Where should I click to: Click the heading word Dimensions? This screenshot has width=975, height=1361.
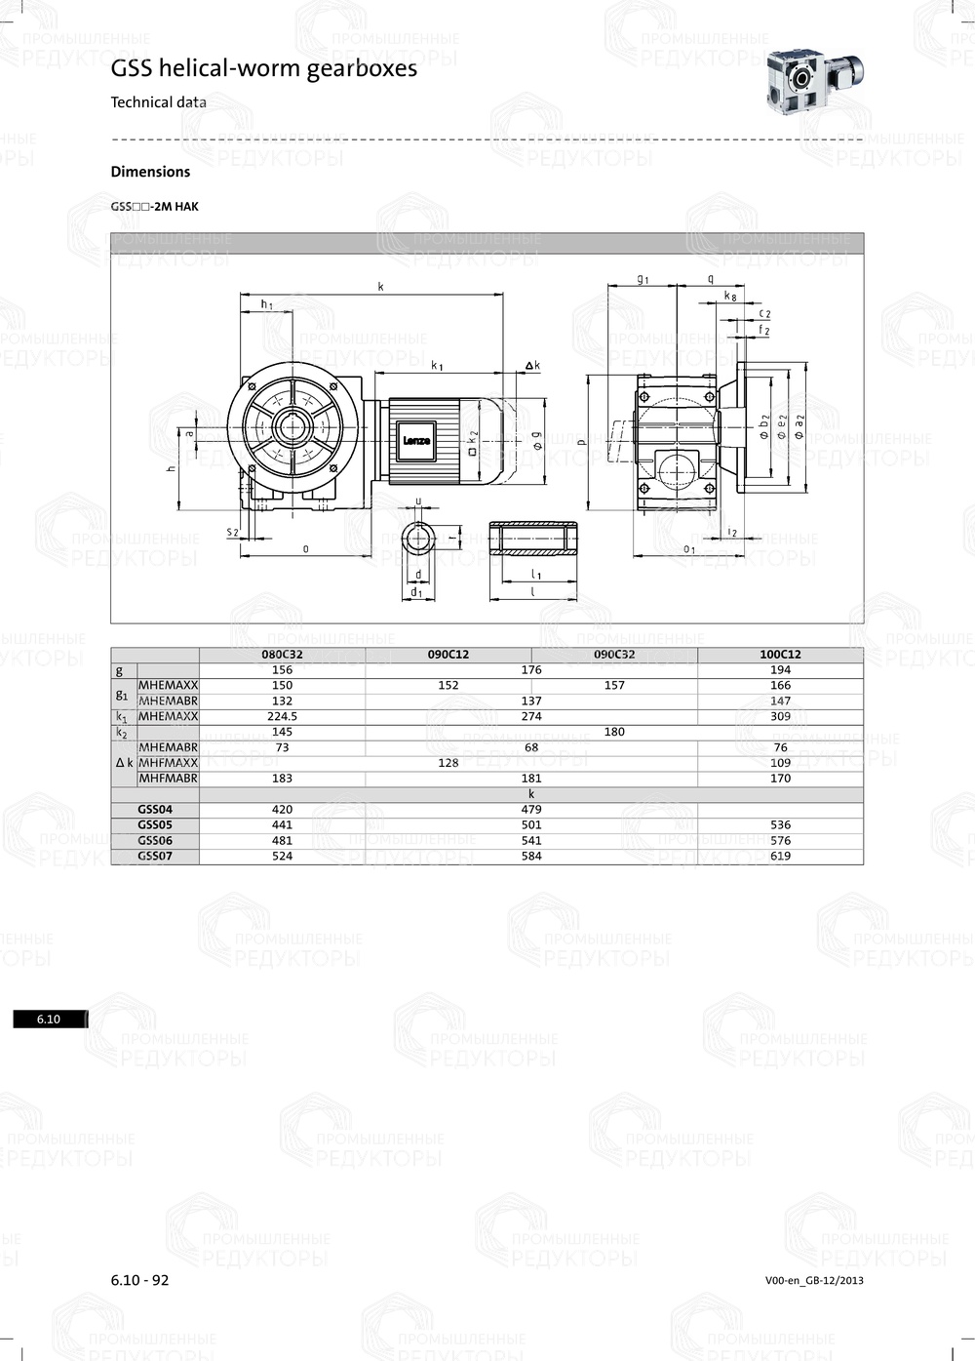(x=150, y=172)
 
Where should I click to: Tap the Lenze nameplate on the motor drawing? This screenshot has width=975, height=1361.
(x=416, y=441)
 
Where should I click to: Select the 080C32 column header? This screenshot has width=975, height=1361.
(x=283, y=655)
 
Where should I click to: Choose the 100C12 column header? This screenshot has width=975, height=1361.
(x=780, y=655)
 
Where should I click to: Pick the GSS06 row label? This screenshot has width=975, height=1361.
(x=155, y=840)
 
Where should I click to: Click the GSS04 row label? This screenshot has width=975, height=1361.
(x=155, y=809)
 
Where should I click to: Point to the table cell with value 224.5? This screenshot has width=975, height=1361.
(x=283, y=716)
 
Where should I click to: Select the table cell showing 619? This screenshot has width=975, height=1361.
(x=780, y=856)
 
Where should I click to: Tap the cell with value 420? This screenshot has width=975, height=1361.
(x=283, y=809)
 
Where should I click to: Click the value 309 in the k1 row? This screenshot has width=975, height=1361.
(x=780, y=716)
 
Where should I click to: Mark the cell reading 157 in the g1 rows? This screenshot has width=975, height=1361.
(x=614, y=685)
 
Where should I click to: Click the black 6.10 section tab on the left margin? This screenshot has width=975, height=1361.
(x=49, y=1020)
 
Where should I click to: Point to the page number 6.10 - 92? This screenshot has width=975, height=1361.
(x=139, y=1280)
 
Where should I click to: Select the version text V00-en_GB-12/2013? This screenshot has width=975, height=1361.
(x=814, y=1280)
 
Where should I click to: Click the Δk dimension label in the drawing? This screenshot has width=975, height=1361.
(x=531, y=366)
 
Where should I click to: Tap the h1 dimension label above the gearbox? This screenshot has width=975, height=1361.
(x=266, y=304)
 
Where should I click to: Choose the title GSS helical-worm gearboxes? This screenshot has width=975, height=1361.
(x=263, y=68)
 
